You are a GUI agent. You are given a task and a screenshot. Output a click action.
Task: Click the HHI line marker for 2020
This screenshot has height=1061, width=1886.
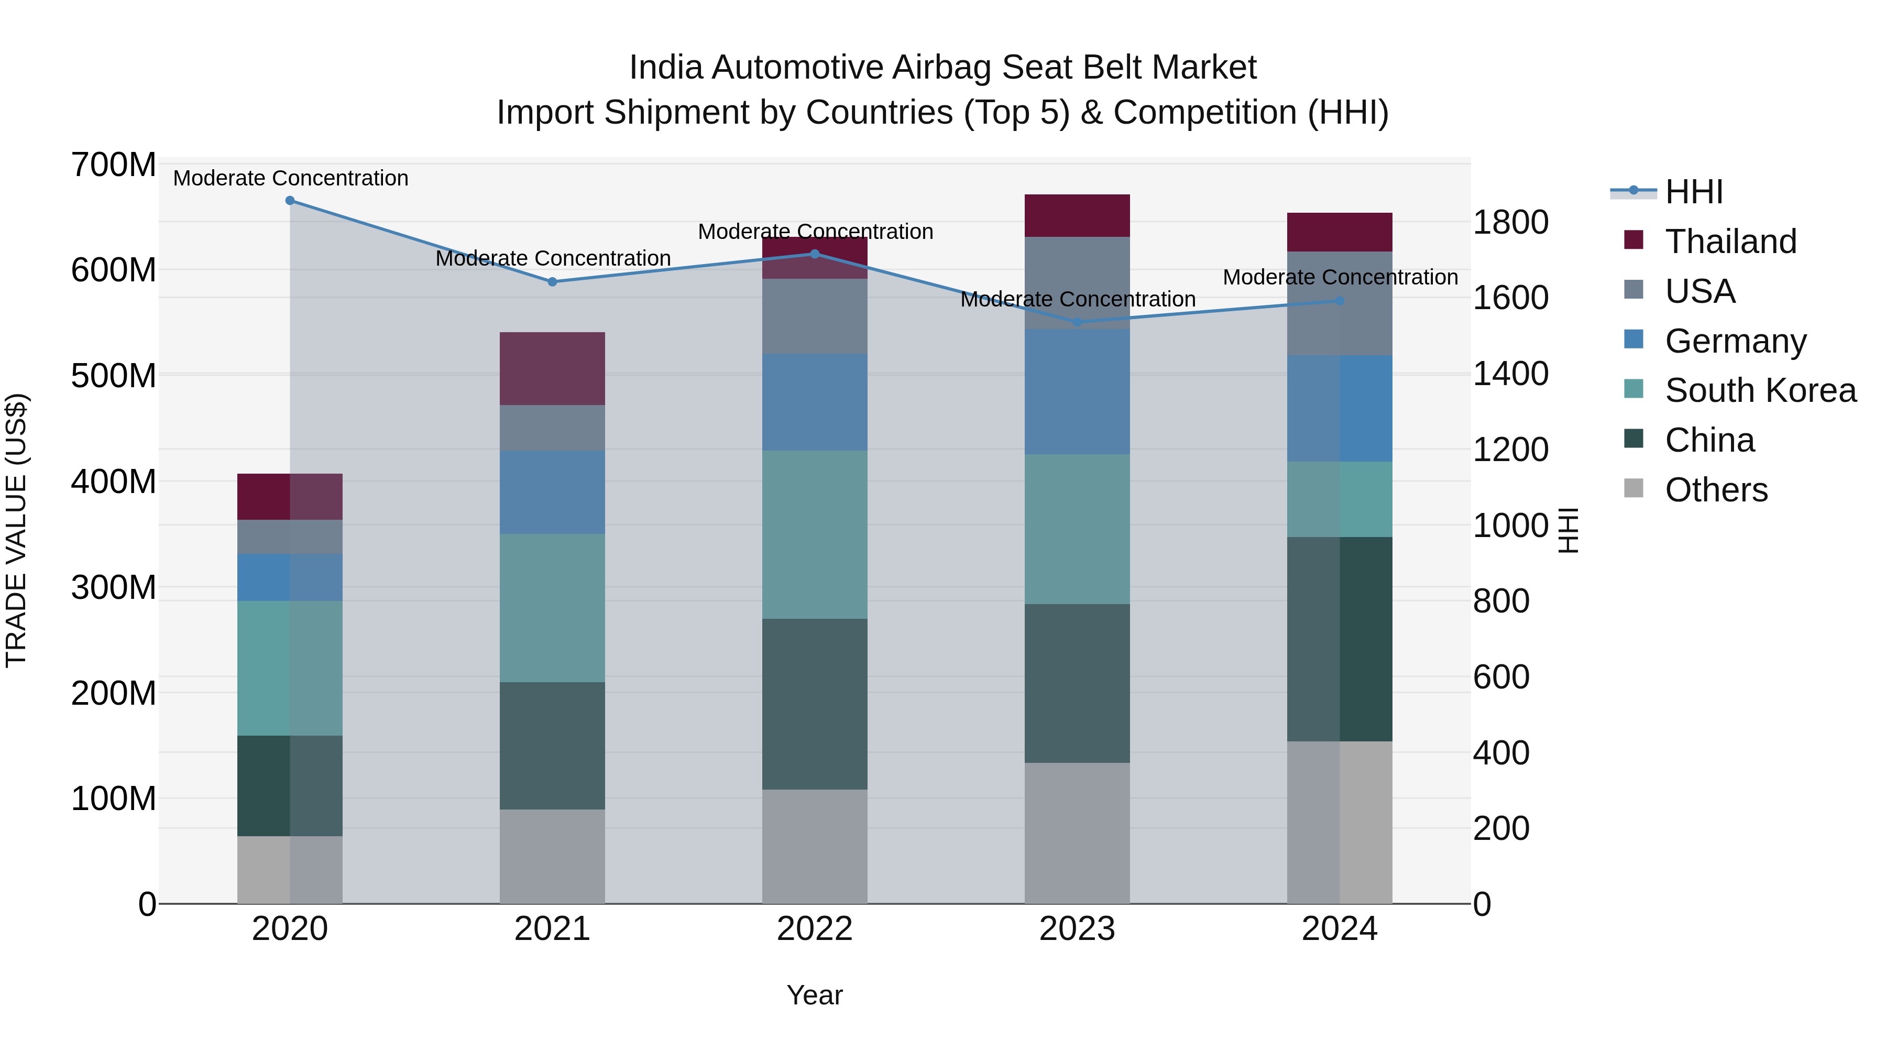coord(290,201)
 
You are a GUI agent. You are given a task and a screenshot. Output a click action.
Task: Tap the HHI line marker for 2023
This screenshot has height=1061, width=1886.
coord(1077,322)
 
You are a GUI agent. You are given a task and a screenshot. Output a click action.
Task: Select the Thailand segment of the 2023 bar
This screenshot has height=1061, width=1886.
coord(1077,215)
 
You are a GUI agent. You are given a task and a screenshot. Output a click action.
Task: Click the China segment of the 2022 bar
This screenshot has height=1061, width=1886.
coord(815,704)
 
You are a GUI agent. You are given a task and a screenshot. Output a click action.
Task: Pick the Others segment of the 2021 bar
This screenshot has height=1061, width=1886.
coord(552,856)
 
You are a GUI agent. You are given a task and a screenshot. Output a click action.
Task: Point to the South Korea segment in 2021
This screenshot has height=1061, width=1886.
coord(552,608)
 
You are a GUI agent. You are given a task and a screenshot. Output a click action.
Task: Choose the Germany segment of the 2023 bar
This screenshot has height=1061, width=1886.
coord(1077,392)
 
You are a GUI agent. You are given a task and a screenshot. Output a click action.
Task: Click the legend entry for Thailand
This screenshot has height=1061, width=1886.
coord(1731,242)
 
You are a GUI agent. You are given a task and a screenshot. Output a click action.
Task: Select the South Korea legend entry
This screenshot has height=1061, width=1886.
coord(1760,390)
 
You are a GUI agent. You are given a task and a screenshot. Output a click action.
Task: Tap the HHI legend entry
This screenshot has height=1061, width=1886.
coord(1693,192)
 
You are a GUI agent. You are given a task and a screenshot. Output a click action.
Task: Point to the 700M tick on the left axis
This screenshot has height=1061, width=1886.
coord(114,166)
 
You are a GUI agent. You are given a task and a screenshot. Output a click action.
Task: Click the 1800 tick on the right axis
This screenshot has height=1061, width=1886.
coord(1510,223)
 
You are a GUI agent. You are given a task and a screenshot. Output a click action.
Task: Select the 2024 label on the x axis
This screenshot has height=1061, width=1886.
coord(1339,929)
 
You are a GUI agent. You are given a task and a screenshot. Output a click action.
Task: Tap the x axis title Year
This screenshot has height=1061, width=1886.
coord(814,996)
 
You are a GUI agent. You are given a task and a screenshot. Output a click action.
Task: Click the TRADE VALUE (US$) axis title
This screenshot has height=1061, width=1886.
coord(16,530)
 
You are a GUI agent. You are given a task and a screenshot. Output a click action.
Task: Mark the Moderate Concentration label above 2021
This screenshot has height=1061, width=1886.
coord(553,258)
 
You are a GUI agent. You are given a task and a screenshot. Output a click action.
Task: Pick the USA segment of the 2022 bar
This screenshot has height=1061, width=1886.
coord(815,316)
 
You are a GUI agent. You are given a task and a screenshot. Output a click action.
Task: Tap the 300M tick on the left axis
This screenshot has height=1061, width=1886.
coord(114,587)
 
